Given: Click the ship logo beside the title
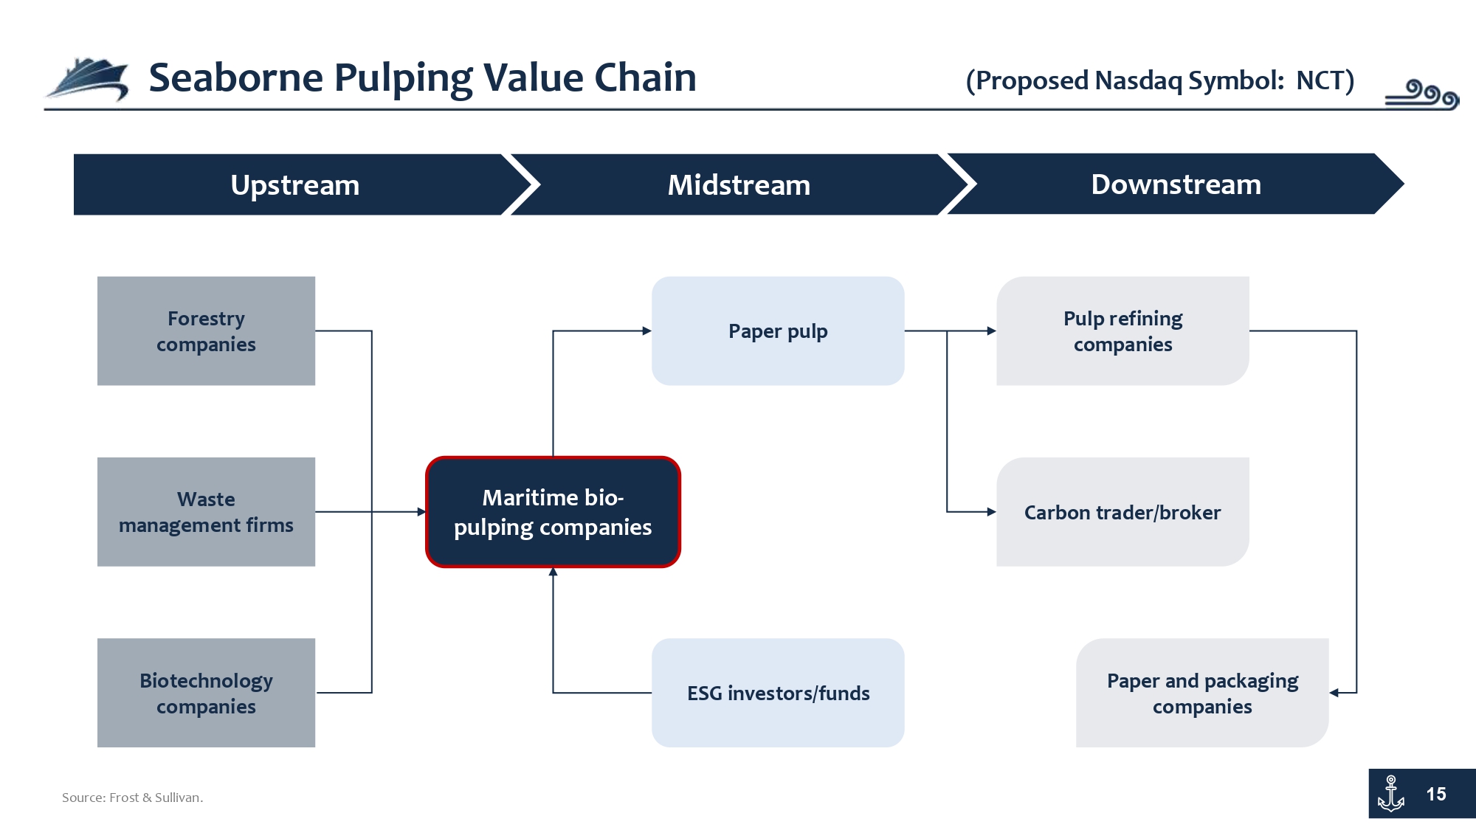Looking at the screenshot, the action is [87, 78].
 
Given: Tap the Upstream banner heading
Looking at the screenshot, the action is [295, 184].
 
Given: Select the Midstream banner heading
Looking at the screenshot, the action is [739, 184].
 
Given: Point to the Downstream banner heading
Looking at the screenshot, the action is [1176, 184].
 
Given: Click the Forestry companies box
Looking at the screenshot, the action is [206, 331].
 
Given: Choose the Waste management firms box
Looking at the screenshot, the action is [206, 512].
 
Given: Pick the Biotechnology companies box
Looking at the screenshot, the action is [206, 693].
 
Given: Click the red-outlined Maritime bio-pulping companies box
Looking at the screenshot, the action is [553, 512].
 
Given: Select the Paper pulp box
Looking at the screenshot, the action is [778, 331].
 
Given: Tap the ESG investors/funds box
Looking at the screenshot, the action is [778, 693].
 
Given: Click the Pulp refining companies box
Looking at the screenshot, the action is [1122, 331].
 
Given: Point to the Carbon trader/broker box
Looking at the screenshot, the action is [1122, 512].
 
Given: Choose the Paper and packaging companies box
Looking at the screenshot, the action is [1202, 693].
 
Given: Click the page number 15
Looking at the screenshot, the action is [1436, 794].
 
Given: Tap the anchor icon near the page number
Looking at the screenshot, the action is [1391, 794].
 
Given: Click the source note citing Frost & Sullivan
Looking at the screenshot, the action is [132, 798].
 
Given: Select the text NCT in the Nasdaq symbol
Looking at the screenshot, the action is [1319, 80].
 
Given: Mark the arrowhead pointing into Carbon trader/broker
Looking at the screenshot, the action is [992, 512].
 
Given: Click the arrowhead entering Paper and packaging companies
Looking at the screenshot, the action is [1334, 693].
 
